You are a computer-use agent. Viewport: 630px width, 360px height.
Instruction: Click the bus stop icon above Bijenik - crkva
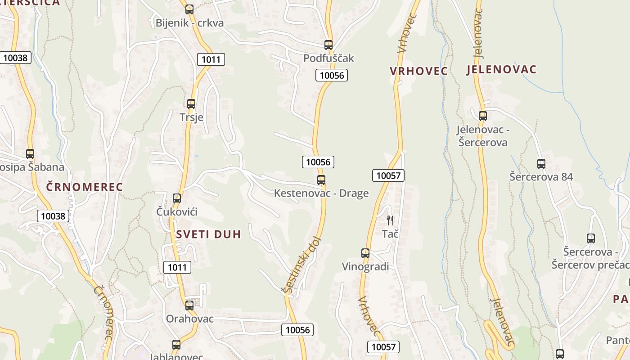pyautogui.click(x=189, y=9)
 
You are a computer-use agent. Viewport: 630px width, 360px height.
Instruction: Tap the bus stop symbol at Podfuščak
pyautogui.click(x=328, y=45)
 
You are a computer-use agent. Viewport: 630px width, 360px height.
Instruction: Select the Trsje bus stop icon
pyautogui.click(x=191, y=103)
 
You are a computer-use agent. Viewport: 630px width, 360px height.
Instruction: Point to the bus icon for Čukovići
pyautogui.click(x=177, y=198)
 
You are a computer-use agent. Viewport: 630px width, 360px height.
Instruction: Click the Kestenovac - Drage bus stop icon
pyautogui.click(x=321, y=180)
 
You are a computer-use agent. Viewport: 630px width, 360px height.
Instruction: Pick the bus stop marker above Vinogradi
pyautogui.click(x=365, y=253)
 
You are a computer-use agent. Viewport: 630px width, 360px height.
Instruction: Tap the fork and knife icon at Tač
pyautogui.click(x=390, y=220)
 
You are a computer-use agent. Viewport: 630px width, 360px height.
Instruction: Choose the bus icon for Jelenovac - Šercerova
pyautogui.click(x=483, y=116)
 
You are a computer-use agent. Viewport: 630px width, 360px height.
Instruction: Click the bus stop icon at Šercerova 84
pyautogui.click(x=541, y=163)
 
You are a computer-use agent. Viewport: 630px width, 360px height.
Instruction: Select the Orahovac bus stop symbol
pyautogui.click(x=189, y=305)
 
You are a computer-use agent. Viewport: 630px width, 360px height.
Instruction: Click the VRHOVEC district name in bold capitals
pyautogui.click(x=418, y=71)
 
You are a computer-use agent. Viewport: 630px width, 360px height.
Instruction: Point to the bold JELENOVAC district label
pyautogui.click(x=501, y=69)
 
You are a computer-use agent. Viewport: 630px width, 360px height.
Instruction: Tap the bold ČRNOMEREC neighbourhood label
pyautogui.click(x=85, y=187)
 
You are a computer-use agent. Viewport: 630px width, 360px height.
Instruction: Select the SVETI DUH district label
pyautogui.click(x=208, y=234)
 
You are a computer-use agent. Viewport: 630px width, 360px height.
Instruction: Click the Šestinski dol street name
pyautogui.click(x=302, y=265)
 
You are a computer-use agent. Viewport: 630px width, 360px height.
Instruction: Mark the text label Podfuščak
pyautogui.click(x=328, y=58)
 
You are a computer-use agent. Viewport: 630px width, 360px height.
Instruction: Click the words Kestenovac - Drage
pyautogui.click(x=321, y=193)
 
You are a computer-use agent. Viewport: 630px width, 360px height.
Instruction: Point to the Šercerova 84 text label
pyautogui.click(x=541, y=177)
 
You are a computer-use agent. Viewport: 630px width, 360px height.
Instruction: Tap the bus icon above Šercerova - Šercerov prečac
pyautogui.click(x=591, y=238)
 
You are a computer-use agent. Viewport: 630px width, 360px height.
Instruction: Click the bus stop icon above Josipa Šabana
pyautogui.click(x=30, y=153)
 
